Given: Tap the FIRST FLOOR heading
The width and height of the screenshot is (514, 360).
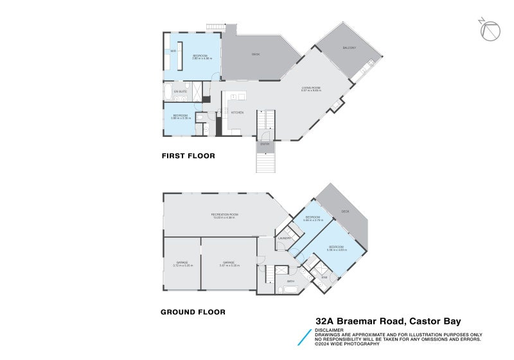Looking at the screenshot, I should pos(188,156).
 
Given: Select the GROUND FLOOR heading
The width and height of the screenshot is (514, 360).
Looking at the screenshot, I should pos(193,312).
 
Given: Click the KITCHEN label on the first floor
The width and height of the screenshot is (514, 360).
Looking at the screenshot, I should pos(237,113).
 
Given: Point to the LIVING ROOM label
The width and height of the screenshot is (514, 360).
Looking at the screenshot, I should pos(311,89).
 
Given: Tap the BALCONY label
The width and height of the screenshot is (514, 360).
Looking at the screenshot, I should pos(349,48).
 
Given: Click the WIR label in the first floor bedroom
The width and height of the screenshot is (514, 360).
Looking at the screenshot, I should pos(173,51).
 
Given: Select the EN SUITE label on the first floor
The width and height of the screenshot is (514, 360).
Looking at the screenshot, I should pos(180,92).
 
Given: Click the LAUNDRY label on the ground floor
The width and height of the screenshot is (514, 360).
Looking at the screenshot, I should pos(285,239).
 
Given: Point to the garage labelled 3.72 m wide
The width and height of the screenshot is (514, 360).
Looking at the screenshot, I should pos(182,264).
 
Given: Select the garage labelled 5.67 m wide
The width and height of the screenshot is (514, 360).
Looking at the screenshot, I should pos(229,264).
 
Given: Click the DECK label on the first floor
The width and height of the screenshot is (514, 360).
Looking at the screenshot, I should pos(255,54).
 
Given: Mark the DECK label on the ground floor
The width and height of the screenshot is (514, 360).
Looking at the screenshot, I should pos(345,211).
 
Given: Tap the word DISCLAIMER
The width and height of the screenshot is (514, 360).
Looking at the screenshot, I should pos(328,330).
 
